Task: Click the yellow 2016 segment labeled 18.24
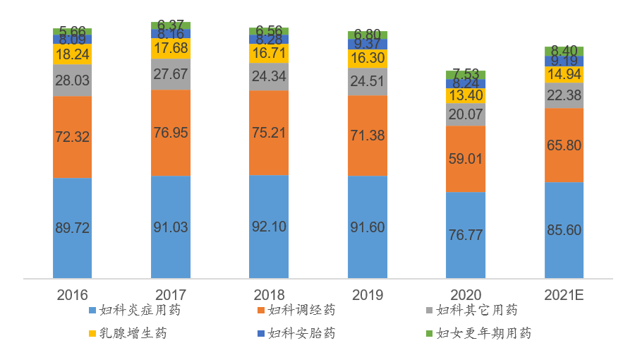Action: pos(72,54)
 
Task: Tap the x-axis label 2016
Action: pos(72,294)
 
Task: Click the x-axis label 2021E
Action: pos(564,294)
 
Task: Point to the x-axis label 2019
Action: pos(367,294)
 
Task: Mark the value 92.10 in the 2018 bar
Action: pos(269,228)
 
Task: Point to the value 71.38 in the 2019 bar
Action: pos(368,136)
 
